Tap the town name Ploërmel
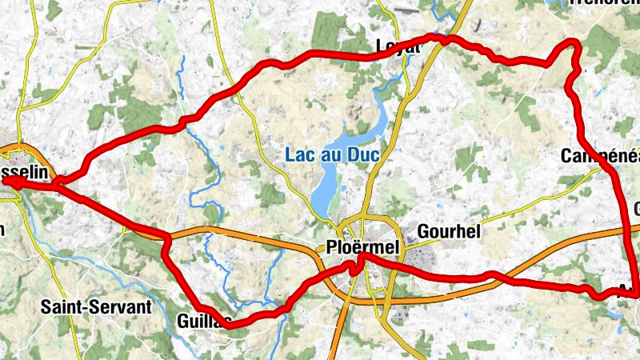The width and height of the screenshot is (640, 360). [362, 247]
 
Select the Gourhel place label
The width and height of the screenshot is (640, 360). [448, 232]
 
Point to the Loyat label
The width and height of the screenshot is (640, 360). [397, 47]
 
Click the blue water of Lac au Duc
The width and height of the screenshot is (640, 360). [324, 192]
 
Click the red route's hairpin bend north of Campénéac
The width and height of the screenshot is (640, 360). [571, 43]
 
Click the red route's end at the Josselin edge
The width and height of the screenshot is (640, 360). [10, 182]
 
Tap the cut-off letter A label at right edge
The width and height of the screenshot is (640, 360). [629, 290]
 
